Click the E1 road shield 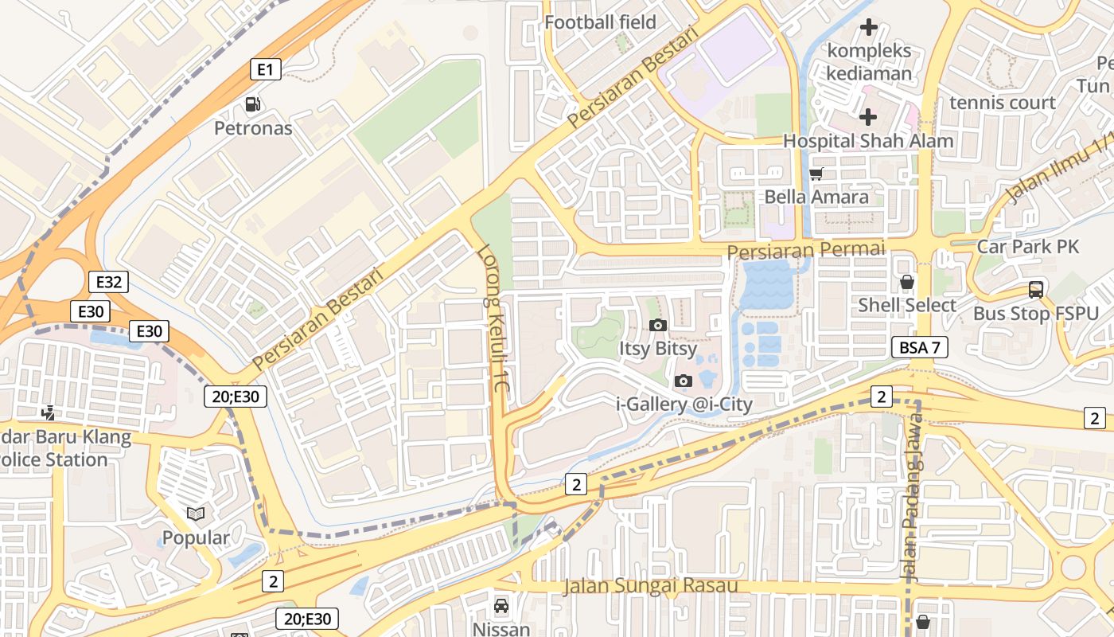[266, 70]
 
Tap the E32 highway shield [108, 282]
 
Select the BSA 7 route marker [920, 347]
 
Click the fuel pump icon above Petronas [253, 104]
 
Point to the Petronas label [253, 128]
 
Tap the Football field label [600, 22]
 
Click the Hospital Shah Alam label [868, 141]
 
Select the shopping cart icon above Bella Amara [816, 174]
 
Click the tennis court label [1003, 103]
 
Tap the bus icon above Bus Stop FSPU [1035, 290]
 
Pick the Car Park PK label [1027, 247]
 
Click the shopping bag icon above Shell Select [906, 282]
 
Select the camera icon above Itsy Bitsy [657, 325]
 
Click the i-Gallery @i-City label [684, 404]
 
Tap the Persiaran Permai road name [806, 250]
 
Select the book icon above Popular [196, 514]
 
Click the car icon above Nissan [501, 606]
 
